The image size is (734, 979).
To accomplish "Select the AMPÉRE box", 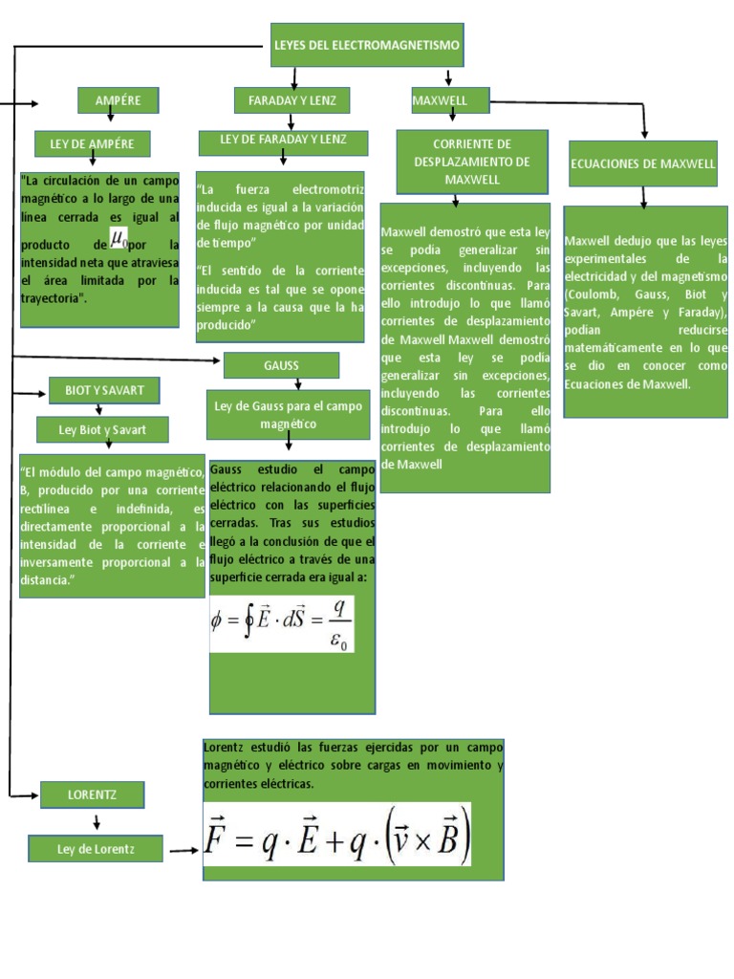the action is [x=118, y=99].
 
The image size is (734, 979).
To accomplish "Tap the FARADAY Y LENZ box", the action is [x=292, y=99].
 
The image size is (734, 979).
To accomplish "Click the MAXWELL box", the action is [x=449, y=99].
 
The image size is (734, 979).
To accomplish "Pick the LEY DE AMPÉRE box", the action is [x=92, y=144].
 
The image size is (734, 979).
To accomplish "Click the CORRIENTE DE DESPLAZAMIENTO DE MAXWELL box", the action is [x=472, y=162].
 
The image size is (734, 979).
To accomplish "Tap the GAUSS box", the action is [x=281, y=365].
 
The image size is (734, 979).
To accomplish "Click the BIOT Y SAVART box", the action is [x=104, y=390].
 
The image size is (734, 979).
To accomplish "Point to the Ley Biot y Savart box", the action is [x=102, y=429].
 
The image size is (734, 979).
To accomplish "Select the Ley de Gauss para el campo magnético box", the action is [x=288, y=414].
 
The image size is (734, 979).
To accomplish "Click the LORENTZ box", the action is [x=92, y=794].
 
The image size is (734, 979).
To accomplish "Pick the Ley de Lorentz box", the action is [x=96, y=847].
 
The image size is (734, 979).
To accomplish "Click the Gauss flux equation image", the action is [x=282, y=622].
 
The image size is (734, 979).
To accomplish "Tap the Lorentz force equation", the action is [x=337, y=835].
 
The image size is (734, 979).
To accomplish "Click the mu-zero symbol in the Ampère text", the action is [x=119, y=237].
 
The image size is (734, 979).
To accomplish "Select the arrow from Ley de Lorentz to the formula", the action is [x=183, y=848].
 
